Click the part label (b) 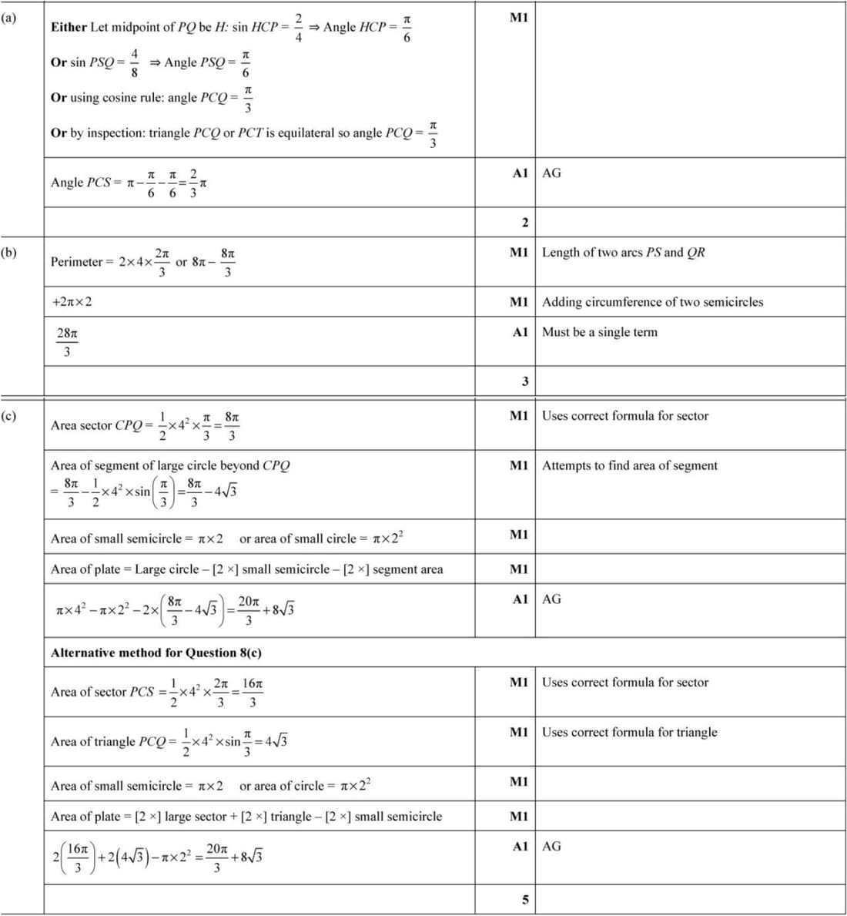pos(8,252)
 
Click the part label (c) pos(8,416)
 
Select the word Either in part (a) pos(69,27)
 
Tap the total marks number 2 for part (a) pos(525,223)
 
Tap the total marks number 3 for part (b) pos(525,381)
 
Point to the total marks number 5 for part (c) pos(525,900)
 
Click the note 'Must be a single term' pos(600,332)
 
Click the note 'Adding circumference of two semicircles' pos(652,302)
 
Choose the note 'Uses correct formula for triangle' pos(629,732)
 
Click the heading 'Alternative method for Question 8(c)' pos(156,653)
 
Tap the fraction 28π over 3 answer pos(67,342)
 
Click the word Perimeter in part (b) pos(76,262)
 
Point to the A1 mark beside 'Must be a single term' pos(520,332)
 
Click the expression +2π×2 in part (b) pos(72,302)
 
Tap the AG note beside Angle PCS pos(551,173)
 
